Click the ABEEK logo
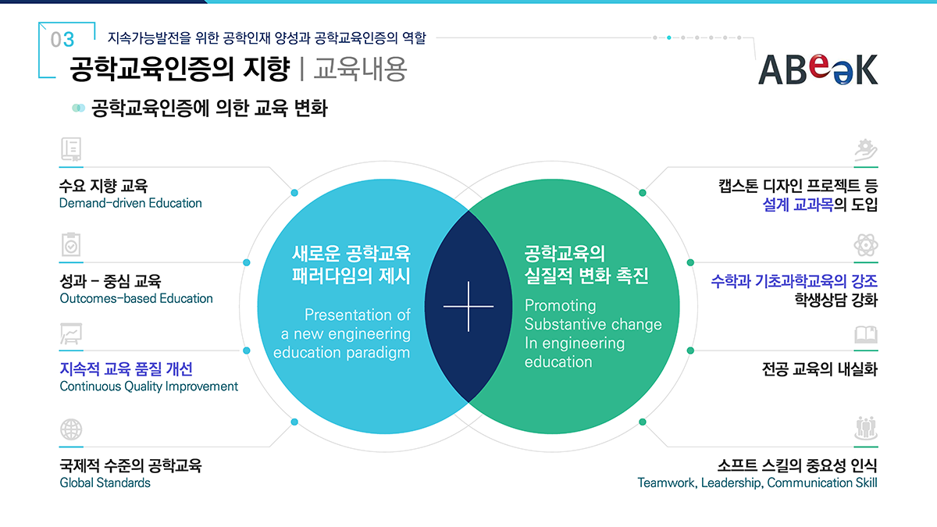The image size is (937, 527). tap(818, 68)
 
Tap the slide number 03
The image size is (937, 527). tap(62, 40)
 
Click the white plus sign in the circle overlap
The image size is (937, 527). tap(468, 306)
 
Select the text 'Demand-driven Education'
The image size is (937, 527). tap(130, 203)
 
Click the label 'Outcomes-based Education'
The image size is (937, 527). tap(136, 298)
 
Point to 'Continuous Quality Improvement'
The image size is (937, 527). tap(148, 386)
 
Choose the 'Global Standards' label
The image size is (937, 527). tap(105, 482)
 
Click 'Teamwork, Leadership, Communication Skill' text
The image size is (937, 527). tap(757, 482)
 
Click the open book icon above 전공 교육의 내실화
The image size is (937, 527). tap(865, 335)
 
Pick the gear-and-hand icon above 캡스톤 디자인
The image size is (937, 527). tap(865, 150)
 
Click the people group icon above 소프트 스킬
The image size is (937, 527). tap(865, 428)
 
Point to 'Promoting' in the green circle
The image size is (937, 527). tap(560, 305)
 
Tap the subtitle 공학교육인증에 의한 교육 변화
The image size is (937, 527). tap(208, 108)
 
